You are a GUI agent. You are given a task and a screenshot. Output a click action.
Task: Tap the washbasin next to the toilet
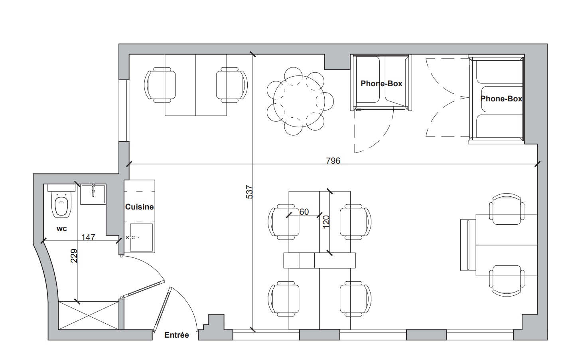coord(93,194)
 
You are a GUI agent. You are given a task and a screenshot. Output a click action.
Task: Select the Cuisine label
coord(140,207)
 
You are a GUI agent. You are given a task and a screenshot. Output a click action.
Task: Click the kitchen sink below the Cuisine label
coord(142,237)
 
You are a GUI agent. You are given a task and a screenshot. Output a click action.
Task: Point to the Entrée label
coord(177,335)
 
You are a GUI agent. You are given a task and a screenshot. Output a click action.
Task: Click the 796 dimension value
coord(333,161)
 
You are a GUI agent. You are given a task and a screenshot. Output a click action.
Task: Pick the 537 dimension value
coord(249,192)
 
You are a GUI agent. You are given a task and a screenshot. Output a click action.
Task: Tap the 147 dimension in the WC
coord(88,237)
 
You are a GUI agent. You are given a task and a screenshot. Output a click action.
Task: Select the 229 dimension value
coord(74,256)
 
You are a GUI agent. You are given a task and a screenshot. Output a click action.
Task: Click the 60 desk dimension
coord(304,212)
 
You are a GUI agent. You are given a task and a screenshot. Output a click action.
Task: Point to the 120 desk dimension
coord(326,222)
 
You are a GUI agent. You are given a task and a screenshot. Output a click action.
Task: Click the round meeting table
coord(299,101)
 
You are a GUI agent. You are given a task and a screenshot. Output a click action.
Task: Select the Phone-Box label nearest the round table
coord(381,83)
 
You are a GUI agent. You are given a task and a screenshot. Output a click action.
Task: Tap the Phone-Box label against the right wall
coord(501,99)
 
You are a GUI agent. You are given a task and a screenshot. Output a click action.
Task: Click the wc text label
coord(62,229)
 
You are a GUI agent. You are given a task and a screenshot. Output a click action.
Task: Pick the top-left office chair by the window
coord(160,85)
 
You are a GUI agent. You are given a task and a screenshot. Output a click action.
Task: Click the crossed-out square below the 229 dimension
coord(89,315)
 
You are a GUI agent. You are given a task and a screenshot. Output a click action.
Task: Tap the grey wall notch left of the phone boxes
coord(337,62)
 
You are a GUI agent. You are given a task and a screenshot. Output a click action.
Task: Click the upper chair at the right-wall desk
coord(507,209)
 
